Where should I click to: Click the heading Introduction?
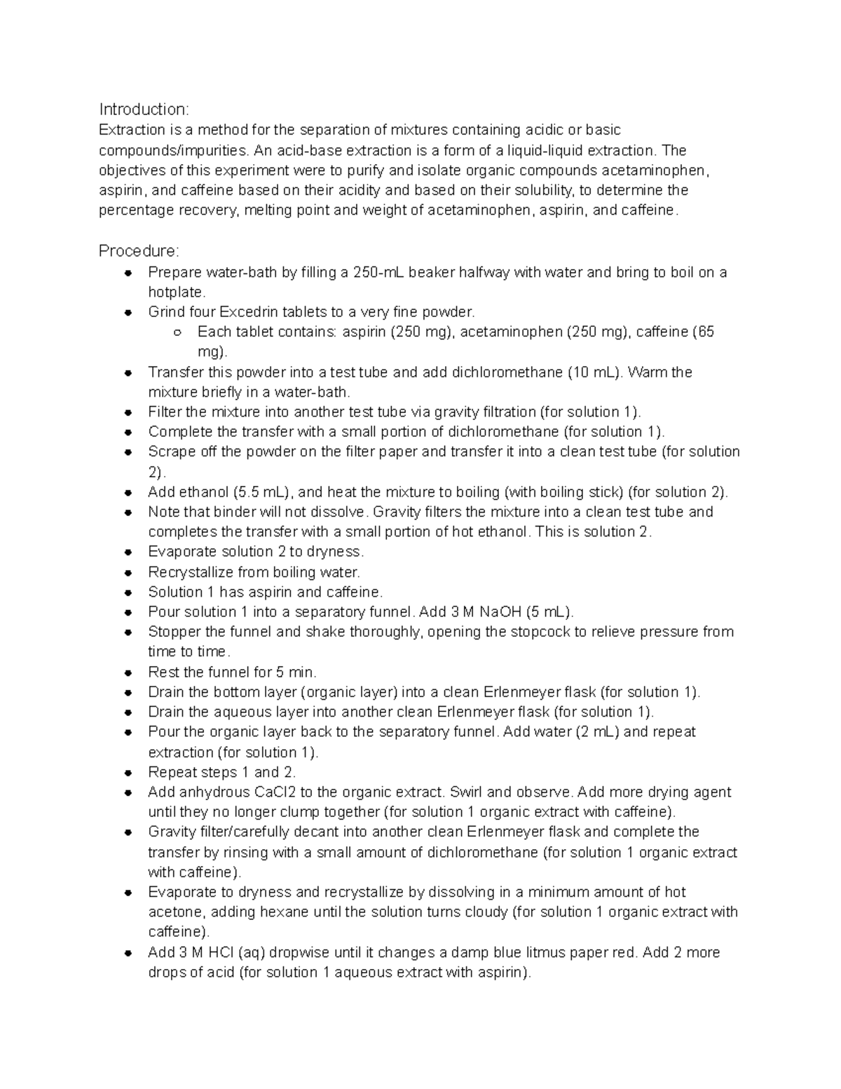(x=144, y=109)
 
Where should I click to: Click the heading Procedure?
(x=139, y=251)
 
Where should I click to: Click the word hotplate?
(x=176, y=292)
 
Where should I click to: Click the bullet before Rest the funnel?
(x=128, y=673)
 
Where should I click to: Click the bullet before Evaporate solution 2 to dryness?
(x=128, y=553)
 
